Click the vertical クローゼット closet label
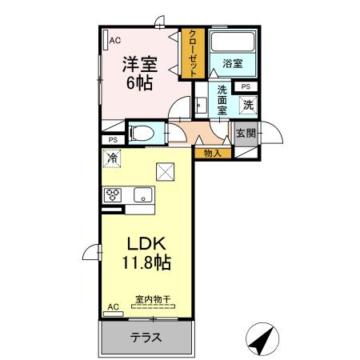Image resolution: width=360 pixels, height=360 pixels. (x=193, y=54)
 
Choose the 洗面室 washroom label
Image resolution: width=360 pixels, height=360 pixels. (x=222, y=102)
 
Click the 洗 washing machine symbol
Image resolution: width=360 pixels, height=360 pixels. (x=249, y=103)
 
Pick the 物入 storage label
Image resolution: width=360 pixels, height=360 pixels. (x=212, y=152)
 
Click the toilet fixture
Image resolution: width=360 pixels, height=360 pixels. (x=144, y=133)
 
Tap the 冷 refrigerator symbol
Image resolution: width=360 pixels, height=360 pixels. (x=113, y=158)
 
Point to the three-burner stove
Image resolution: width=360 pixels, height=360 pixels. (x=112, y=194)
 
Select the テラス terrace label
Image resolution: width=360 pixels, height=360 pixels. (x=146, y=338)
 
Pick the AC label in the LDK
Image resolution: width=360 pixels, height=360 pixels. (x=113, y=306)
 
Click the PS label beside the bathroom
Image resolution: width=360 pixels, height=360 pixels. (x=245, y=86)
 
